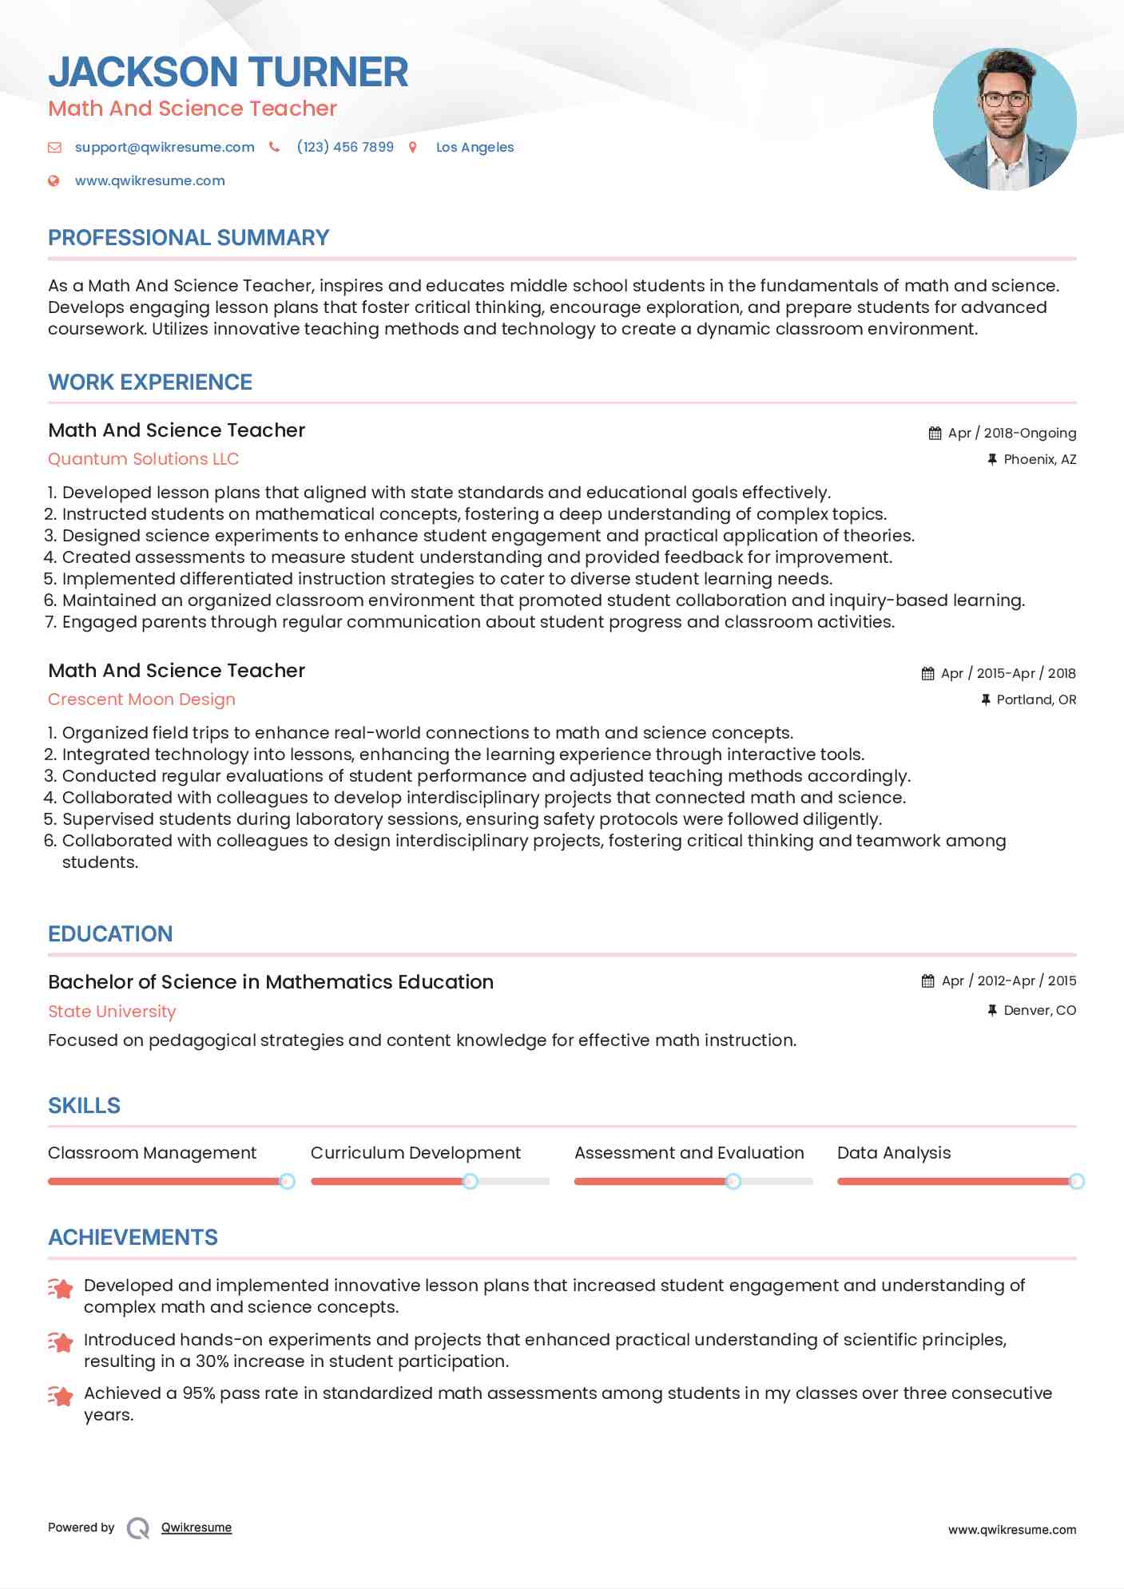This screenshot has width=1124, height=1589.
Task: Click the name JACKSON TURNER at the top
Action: point(228,72)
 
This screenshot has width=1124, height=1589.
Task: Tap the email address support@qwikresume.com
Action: point(165,147)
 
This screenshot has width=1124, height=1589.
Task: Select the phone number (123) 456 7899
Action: point(345,147)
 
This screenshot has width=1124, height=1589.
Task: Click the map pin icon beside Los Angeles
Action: point(413,147)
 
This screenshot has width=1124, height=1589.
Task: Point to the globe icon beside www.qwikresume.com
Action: point(54,180)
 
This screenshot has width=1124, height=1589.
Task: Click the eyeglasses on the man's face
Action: point(1004,100)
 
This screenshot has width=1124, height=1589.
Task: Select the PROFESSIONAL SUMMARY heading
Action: point(189,238)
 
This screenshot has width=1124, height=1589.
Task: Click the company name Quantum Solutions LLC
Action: point(143,459)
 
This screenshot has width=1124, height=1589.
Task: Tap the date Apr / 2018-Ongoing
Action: point(1011,433)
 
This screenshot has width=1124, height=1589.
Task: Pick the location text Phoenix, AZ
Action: point(1039,459)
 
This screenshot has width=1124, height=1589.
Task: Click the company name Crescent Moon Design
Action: point(141,699)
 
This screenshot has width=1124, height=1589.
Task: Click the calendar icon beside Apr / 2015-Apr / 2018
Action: point(927,673)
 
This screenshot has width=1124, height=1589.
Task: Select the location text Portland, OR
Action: point(1036,699)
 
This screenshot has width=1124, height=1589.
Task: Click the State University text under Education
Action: point(112,1012)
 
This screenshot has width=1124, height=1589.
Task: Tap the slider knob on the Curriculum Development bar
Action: point(471,1181)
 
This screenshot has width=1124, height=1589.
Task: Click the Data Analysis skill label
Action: point(894,1153)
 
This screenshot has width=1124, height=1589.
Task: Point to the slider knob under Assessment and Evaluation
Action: point(733,1181)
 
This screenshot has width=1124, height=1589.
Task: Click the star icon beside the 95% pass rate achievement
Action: point(61,1396)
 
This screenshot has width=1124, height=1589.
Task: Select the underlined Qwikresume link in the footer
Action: point(197,1528)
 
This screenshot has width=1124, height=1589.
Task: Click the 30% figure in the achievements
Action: point(212,1361)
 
